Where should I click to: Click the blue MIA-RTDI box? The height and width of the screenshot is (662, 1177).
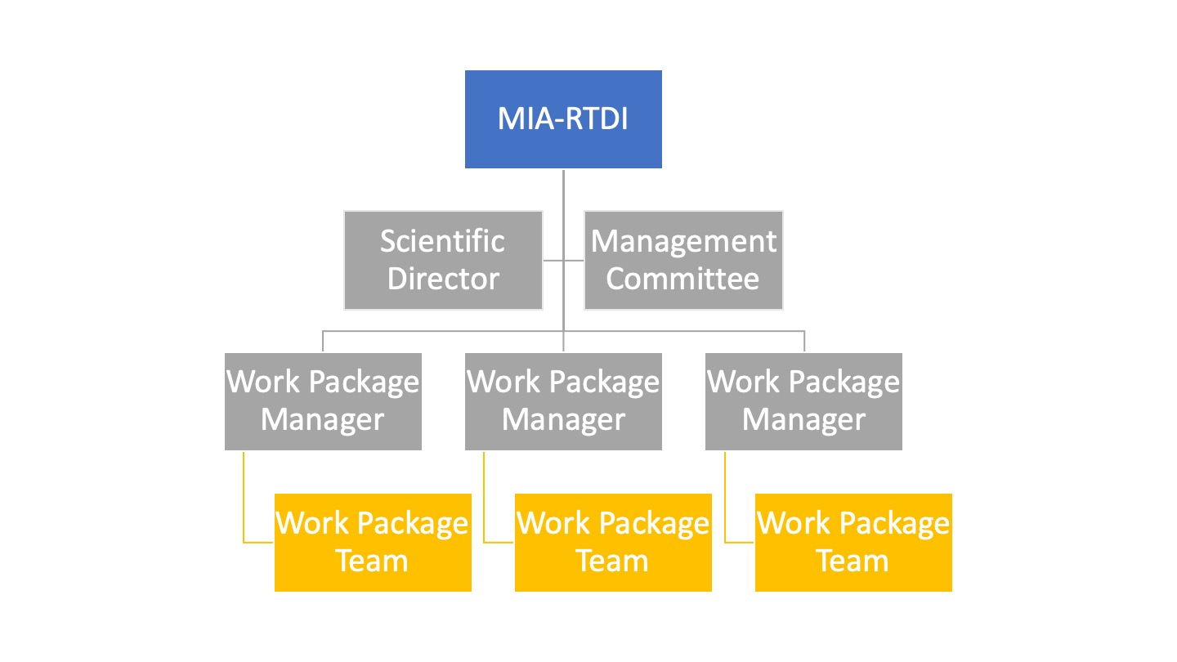pos(563,119)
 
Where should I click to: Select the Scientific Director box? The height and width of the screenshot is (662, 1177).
pos(443,260)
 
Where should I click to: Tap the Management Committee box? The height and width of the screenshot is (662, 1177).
pos(683,260)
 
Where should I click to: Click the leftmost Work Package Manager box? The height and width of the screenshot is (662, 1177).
pos(323,401)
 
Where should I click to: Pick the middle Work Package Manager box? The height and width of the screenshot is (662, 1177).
pos(563,401)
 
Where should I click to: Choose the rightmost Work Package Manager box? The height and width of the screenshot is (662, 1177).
pos(803,401)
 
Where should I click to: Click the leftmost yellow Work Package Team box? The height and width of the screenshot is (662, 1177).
pos(373,542)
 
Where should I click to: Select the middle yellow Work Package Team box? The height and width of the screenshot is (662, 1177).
pos(613,542)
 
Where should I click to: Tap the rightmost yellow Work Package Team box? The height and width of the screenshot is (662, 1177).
pos(853,542)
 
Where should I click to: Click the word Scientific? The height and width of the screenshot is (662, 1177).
pos(442,241)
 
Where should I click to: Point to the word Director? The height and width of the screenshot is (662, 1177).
pos(443,279)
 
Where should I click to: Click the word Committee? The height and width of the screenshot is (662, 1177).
pos(682,279)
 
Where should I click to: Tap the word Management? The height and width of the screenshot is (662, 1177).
pos(683,241)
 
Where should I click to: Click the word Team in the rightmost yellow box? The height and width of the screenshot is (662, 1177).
pos(853,561)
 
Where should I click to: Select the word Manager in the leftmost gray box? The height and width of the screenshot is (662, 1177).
pos(322,420)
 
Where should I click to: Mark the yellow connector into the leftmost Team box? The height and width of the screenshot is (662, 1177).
pos(244,507)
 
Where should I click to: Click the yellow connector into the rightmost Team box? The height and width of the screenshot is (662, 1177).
pos(725,507)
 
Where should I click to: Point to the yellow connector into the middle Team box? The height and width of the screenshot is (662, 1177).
pos(485,507)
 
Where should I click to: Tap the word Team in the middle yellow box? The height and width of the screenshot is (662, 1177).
pos(612,561)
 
